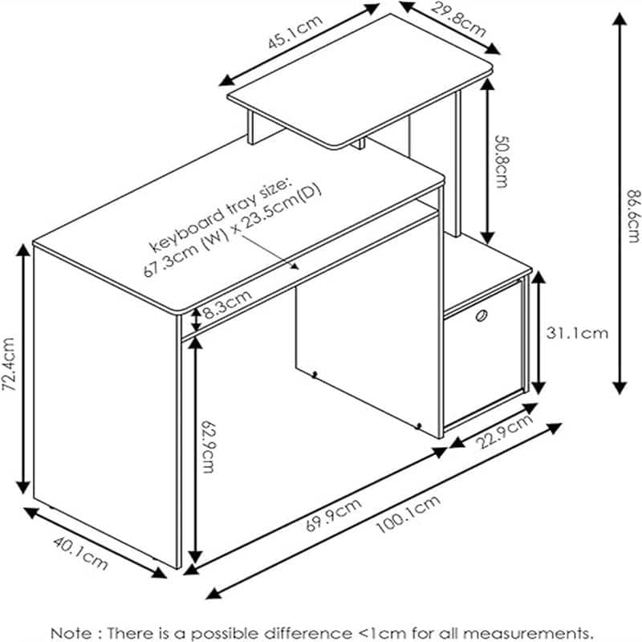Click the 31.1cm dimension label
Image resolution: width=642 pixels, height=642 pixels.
(x=578, y=331)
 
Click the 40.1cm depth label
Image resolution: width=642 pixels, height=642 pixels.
(x=80, y=553)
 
